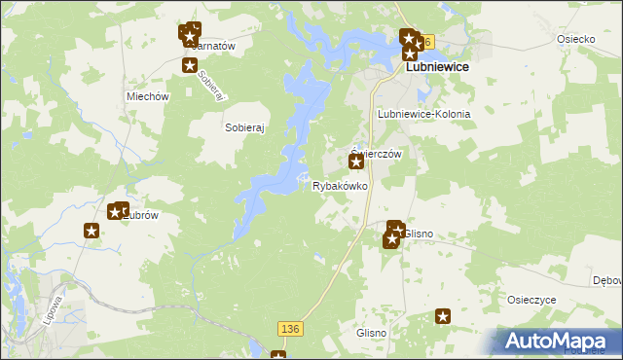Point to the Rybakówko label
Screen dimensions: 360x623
click(x=340, y=185)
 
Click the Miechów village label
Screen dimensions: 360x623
click(x=149, y=97)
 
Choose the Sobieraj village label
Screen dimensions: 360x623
click(x=245, y=127)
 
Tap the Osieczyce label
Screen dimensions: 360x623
click(x=531, y=300)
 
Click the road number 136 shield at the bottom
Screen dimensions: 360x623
click(x=288, y=330)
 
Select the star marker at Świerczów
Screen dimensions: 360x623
click(x=356, y=162)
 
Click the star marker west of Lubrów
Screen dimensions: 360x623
click(x=91, y=231)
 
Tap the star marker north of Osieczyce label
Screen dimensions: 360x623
click(x=443, y=315)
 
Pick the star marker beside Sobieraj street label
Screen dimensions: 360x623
click(x=190, y=65)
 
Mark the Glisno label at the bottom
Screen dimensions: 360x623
click(x=372, y=333)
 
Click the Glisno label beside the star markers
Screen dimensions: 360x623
click(x=419, y=234)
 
